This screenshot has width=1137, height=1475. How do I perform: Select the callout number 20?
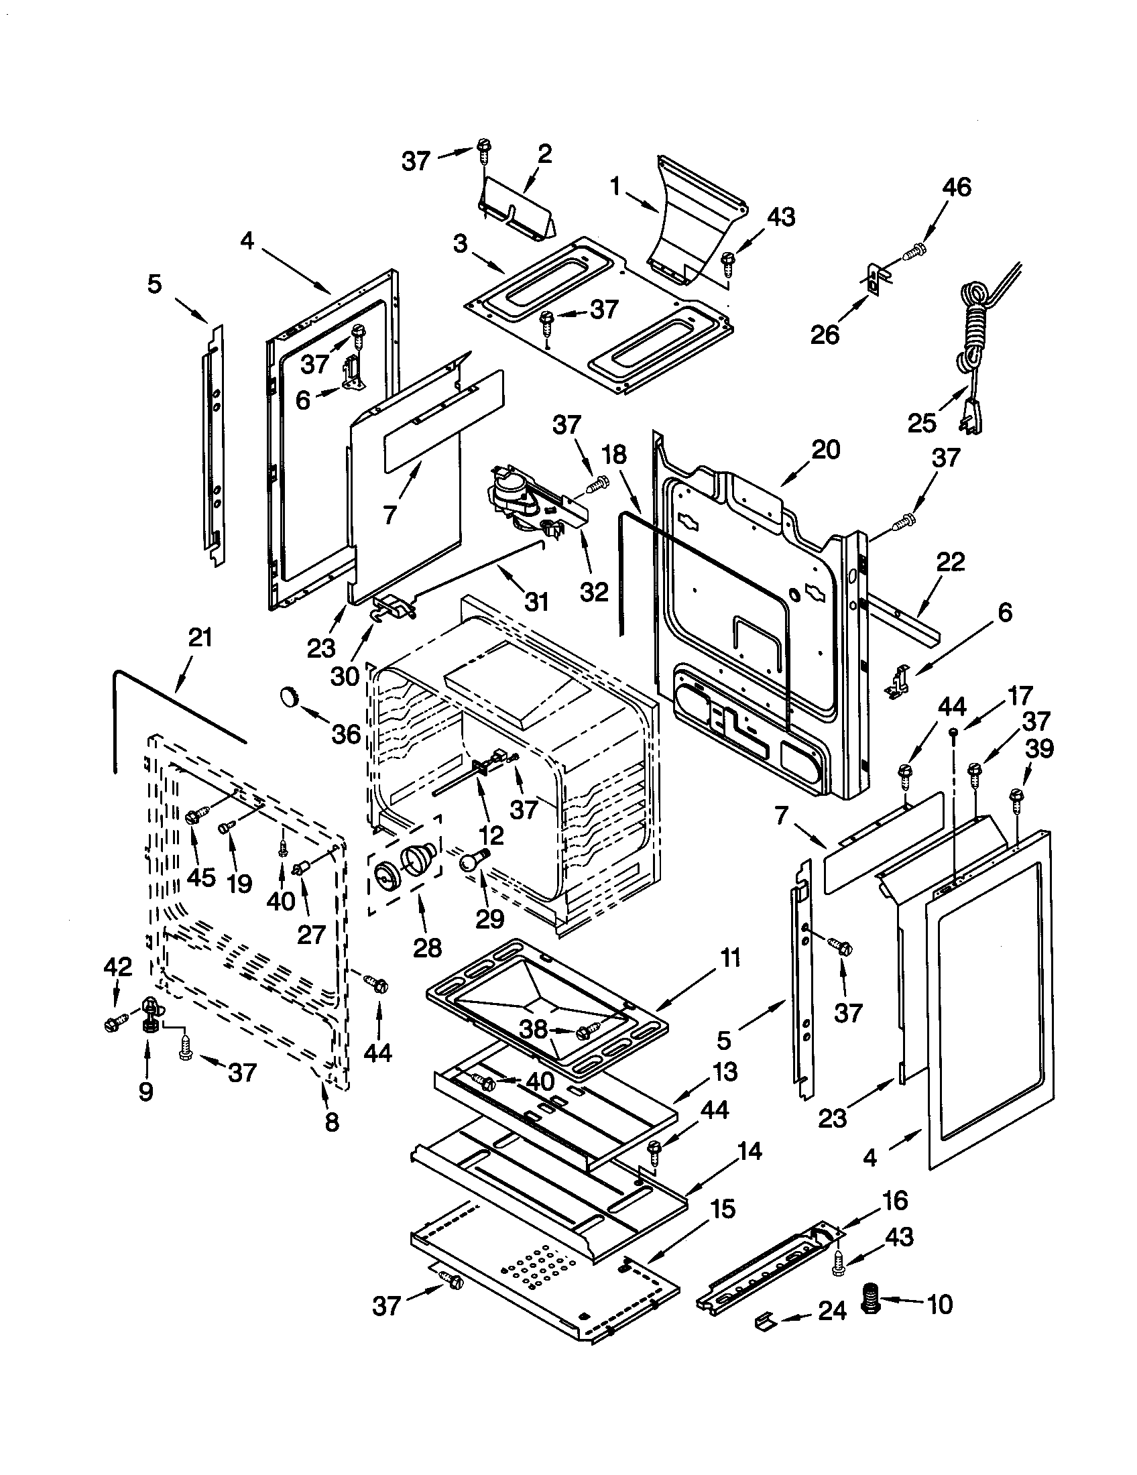pos(826,450)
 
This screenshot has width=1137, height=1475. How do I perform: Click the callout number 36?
pos(347,734)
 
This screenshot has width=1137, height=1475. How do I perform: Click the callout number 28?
pos(428,947)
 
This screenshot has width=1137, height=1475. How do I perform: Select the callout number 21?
pos(200,638)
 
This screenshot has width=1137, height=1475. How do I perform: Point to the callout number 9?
pos(146,1091)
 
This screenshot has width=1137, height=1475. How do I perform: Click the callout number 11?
pos(729,957)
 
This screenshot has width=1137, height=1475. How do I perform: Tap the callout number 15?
pos(723,1209)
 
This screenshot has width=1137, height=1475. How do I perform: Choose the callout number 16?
pos(894,1201)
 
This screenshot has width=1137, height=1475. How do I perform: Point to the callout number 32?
pos(594,591)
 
